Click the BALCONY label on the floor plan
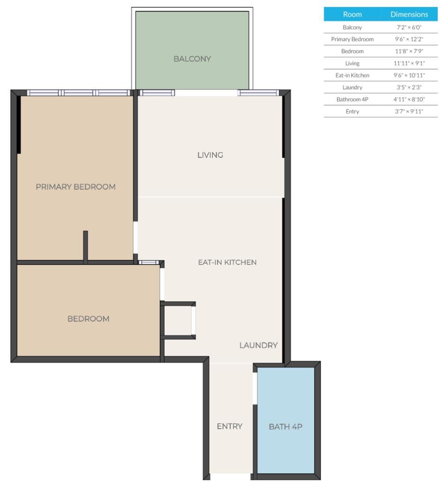point(192,59)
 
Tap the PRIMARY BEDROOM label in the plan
point(75,187)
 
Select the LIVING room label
point(210,155)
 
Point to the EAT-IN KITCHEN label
point(227,262)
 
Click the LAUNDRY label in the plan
point(258,345)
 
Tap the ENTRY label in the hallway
point(229,426)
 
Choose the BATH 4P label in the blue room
point(285,426)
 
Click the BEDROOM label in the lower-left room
point(88,319)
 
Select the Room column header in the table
point(352,15)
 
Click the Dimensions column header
point(409,15)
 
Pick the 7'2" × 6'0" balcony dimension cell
point(409,27)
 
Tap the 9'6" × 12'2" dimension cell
point(409,39)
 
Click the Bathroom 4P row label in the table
point(352,99)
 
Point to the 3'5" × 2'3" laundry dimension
point(409,87)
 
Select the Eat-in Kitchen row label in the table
point(352,75)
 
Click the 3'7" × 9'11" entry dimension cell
point(409,111)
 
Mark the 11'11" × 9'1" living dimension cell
point(409,63)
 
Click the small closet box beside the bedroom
point(178,321)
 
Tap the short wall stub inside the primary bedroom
point(85,246)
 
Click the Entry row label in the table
point(352,111)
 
